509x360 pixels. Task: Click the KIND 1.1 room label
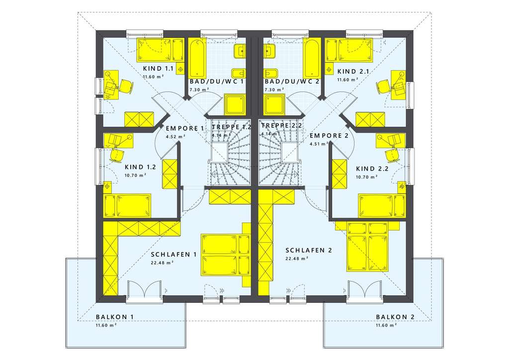click(158, 69)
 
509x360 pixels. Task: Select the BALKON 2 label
click(395, 317)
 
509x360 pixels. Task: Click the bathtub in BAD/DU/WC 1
click(195, 57)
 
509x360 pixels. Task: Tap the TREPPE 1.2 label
click(231, 126)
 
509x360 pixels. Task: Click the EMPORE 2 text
click(329, 135)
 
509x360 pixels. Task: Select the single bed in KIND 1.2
click(127, 205)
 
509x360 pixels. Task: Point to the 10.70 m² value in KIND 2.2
click(366, 177)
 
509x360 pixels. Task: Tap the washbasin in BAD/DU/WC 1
click(240, 50)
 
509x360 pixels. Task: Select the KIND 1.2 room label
click(141, 167)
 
